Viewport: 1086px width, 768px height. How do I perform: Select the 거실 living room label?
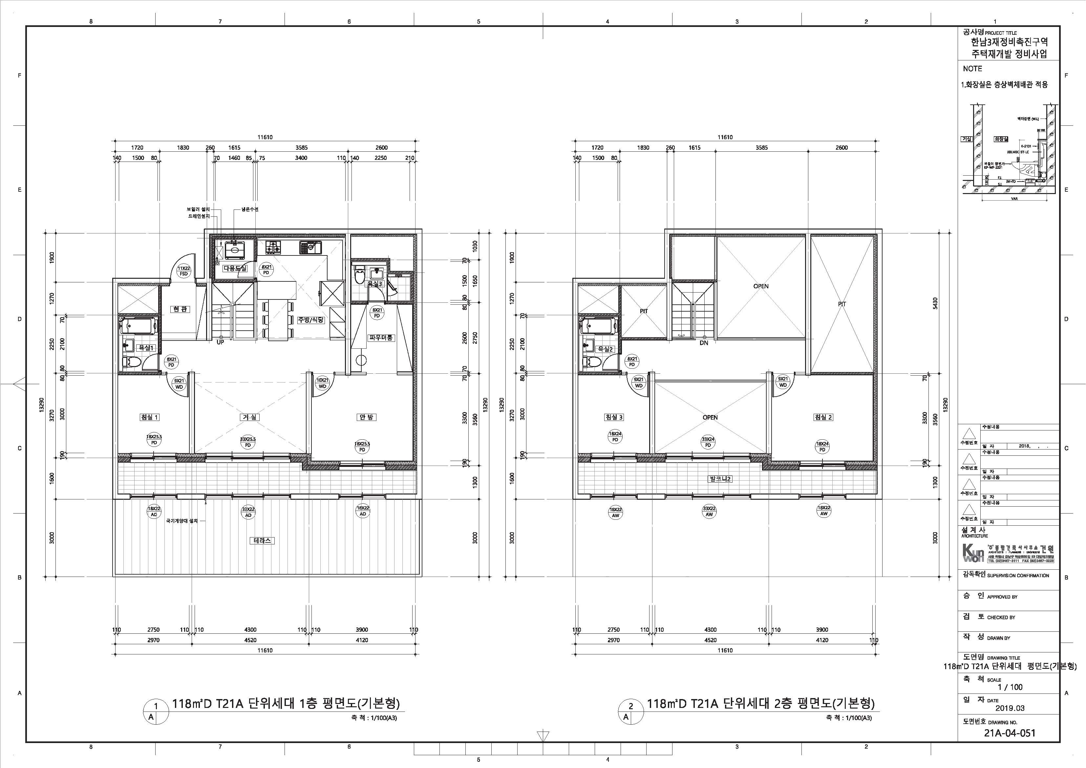[x=249, y=417]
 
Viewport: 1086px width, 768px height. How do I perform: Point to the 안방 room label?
[x=366, y=417]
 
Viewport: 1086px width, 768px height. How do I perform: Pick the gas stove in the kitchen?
[x=273, y=247]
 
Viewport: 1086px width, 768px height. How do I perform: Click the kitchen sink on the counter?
[x=310, y=247]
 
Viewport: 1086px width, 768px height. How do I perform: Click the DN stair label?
[x=704, y=342]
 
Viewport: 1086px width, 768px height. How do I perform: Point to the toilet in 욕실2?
[x=595, y=362]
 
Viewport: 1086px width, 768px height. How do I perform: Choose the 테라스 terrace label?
[x=262, y=540]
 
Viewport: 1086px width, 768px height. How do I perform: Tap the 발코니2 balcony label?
[x=720, y=479]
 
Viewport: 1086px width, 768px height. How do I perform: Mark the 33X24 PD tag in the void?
[x=708, y=442]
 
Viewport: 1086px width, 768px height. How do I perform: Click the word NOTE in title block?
[x=972, y=69]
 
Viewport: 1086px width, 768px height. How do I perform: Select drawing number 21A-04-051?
[x=1010, y=733]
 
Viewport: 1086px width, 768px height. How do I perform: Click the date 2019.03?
[x=1010, y=708]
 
